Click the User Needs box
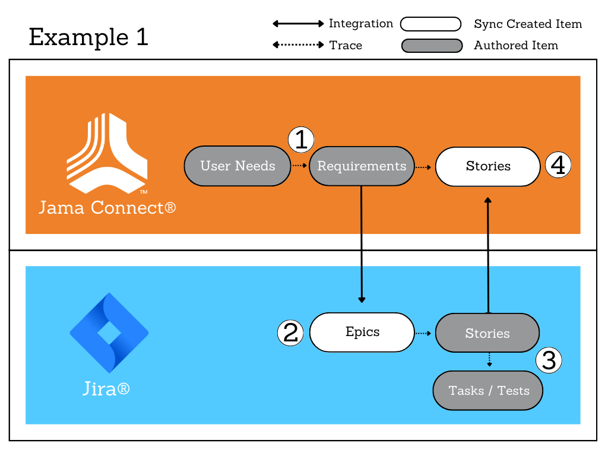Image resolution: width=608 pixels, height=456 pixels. click(237, 166)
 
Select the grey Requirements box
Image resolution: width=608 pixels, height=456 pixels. click(362, 166)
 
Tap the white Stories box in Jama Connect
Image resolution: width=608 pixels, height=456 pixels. click(487, 166)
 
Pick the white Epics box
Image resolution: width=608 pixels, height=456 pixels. click(362, 332)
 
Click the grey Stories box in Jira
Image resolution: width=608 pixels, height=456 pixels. click(487, 333)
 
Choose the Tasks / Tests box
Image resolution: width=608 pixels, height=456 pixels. click(488, 391)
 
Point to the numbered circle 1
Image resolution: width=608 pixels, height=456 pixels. click(301, 140)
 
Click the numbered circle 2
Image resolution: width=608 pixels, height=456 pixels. click(290, 332)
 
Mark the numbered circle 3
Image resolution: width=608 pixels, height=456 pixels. click(549, 360)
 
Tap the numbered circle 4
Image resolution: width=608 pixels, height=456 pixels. click(558, 165)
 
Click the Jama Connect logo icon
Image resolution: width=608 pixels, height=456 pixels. click(107, 153)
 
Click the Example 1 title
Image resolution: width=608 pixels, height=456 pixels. click(88, 37)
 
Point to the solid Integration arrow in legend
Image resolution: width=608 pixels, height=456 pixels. click(298, 24)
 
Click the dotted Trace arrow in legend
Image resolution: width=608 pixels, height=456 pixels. click(298, 45)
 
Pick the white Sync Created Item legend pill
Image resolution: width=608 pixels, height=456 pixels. click(431, 24)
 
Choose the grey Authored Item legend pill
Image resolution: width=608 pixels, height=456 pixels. click(432, 46)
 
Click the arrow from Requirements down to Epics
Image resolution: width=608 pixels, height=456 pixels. click(362, 243)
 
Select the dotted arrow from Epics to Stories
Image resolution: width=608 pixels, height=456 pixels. click(423, 333)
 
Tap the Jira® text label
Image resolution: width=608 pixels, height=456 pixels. click(106, 389)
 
